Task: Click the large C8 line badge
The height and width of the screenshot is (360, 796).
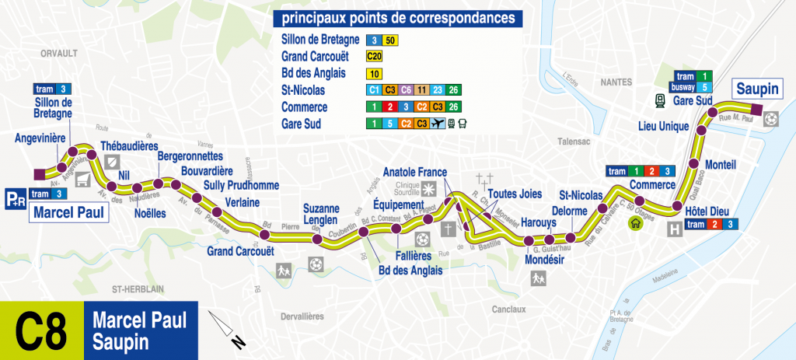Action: tap(40, 330)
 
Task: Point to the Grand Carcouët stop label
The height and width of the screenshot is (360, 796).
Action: tap(241, 250)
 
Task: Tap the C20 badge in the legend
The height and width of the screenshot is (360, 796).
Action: tap(375, 57)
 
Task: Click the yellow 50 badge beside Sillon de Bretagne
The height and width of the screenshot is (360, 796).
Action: tap(392, 40)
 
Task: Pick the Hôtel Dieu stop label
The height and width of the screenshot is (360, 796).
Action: tap(705, 211)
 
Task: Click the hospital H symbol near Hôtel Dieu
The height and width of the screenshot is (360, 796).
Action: tap(674, 229)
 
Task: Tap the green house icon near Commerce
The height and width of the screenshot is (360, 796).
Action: tap(636, 223)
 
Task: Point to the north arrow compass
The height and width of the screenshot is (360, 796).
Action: tap(229, 329)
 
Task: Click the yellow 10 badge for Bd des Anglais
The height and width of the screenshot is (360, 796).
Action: tap(375, 74)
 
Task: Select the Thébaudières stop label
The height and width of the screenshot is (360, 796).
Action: tap(131, 145)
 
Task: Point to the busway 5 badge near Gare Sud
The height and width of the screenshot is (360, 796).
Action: tap(692, 87)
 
